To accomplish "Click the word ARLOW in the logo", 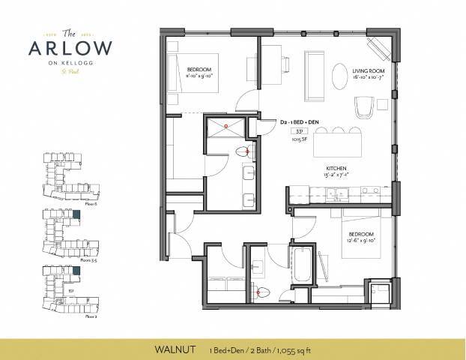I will point(71,48).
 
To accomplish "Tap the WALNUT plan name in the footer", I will point(176,347).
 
